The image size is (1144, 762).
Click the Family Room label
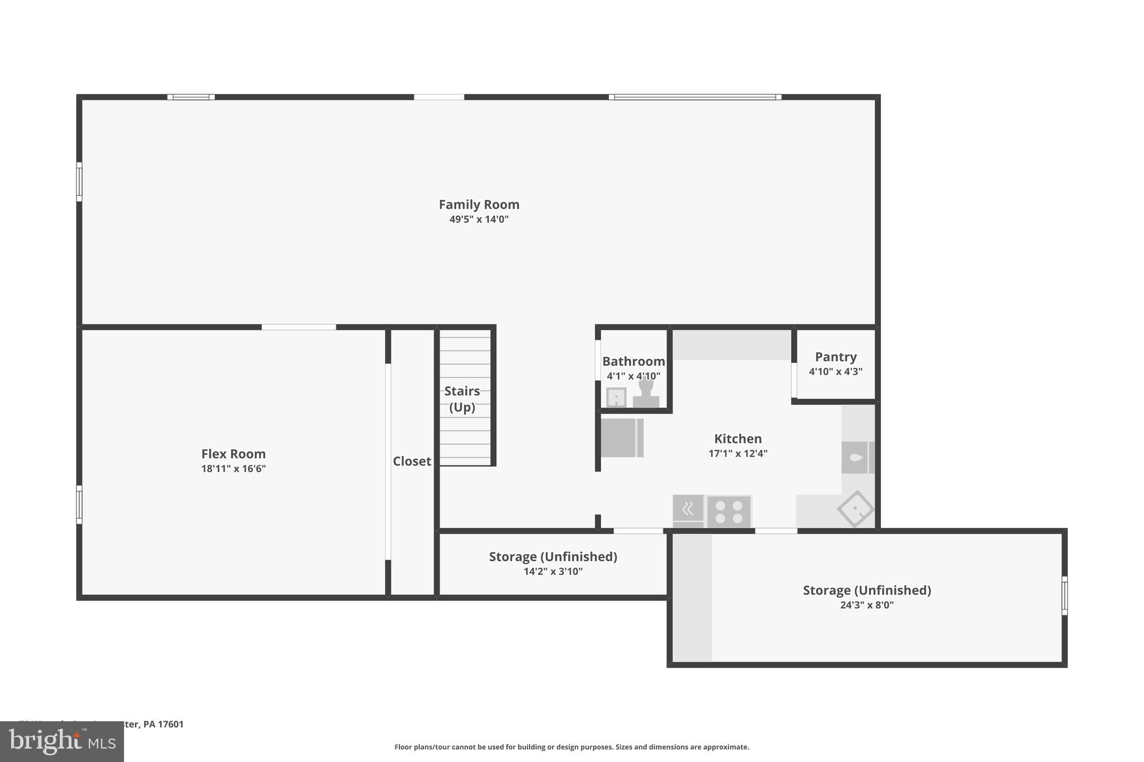click(x=479, y=204)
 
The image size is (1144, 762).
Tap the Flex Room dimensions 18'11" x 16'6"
click(x=233, y=468)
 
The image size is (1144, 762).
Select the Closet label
click(x=412, y=461)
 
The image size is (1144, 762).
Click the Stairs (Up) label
click(x=462, y=399)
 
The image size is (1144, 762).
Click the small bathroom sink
click(x=616, y=397)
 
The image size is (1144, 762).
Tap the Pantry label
click(x=836, y=357)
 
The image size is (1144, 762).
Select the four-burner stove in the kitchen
click(x=729, y=512)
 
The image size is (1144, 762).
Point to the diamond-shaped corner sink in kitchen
click(x=855, y=509)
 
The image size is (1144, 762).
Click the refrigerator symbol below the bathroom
click(x=622, y=438)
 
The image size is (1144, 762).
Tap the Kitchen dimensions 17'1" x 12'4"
click(x=738, y=453)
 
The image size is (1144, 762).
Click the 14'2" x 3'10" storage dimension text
click(x=553, y=571)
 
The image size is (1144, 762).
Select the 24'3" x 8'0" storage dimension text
click(x=867, y=605)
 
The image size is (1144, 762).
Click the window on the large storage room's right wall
click(x=1064, y=596)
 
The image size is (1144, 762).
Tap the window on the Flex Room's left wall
click(x=79, y=505)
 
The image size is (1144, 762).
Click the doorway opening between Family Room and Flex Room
click(x=299, y=327)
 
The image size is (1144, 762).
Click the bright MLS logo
click(x=62, y=742)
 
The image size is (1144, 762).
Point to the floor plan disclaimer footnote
click(x=571, y=747)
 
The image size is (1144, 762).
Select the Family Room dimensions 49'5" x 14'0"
click(x=479, y=219)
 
